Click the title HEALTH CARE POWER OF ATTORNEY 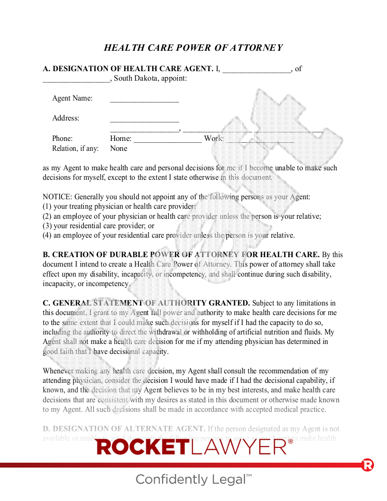click(193, 47)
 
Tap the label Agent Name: click(72, 98)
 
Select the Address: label click(65, 118)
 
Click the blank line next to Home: click(167, 140)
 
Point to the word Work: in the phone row click(213, 139)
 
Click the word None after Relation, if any click(119, 148)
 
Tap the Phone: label click(62, 139)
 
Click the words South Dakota click(135, 78)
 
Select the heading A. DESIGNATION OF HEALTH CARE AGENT click(128, 69)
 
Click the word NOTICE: click(57, 196)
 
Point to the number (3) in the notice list click(47, 226)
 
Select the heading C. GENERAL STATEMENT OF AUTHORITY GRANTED click(146, 303)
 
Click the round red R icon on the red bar click(368, 465)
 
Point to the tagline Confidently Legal click(193, 479)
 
